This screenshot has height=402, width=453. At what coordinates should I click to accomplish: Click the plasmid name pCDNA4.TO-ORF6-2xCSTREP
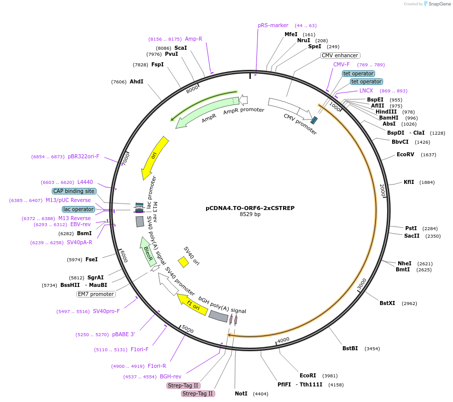point(250,208)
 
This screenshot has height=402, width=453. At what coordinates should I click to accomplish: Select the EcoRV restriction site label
point(405,154)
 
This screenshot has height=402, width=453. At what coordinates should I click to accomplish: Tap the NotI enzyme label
point(241,393)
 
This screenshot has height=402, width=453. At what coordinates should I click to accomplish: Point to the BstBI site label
point(350,348)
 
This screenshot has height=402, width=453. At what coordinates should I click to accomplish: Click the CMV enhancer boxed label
point(340,55)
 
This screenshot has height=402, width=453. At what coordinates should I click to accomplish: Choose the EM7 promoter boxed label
point(96,294)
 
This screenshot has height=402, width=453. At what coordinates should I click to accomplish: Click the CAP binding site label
point(74,191)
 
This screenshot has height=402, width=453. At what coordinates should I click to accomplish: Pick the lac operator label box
point(78,209)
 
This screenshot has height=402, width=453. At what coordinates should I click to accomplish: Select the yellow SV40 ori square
point(184,262)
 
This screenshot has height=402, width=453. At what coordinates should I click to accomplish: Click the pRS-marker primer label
point(273,25)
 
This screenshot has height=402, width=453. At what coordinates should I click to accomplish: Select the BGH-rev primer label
point(170,376)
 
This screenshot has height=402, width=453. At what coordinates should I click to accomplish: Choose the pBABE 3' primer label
point(123,334)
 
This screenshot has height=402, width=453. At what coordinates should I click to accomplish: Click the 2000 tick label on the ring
point(382,190)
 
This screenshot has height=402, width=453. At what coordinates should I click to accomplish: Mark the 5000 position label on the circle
point(187,329)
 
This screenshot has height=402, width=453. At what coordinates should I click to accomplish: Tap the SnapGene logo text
point(439,4)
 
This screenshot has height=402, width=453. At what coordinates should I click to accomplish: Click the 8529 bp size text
point(250,215)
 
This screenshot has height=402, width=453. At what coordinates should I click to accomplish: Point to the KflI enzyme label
point(409,182)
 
